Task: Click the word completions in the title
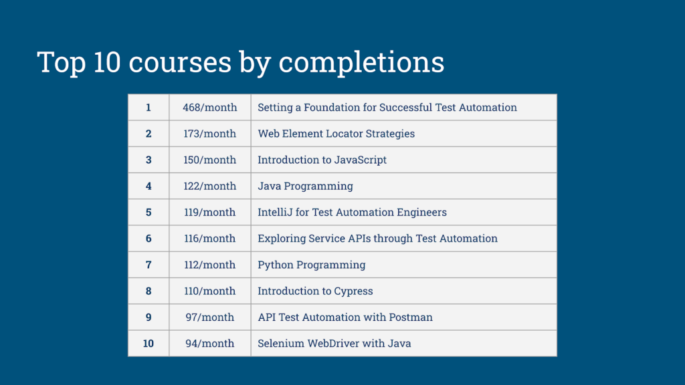[x=361, y=63]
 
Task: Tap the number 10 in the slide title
[x=106, y=61]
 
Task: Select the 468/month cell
[x=209, y=108]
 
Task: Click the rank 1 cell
[x=149, y=108]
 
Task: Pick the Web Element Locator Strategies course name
[x=336, y=134]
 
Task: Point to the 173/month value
[x=209, y=134]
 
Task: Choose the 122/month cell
[x=209, y=186]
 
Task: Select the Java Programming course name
[x=305, y=186]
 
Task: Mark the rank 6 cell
[x=149, y=239]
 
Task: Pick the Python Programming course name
[x=312, y=265]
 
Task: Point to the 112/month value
[x=209, y=265]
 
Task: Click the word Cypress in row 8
[x=353, y=291]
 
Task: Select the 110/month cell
[x=209, y=291]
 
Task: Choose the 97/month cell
[x=209, y=317]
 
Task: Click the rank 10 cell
[x=149, y=343]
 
